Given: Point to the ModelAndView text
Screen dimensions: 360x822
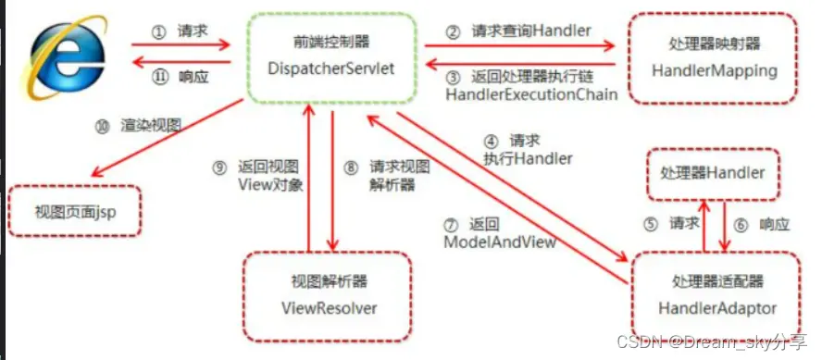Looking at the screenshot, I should [500, 242].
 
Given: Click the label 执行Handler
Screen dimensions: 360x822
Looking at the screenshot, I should [528, 158].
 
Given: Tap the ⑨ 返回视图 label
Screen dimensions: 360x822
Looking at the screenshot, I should [256, 168].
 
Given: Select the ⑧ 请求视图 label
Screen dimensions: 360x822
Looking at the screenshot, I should [390, 168].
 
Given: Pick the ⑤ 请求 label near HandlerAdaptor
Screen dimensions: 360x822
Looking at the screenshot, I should [674, 224].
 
